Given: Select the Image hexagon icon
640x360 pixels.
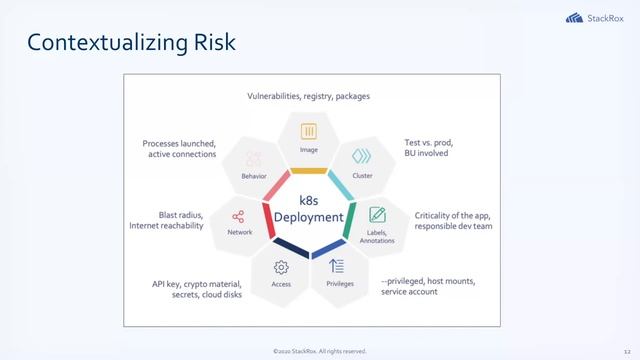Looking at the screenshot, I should [309, 131].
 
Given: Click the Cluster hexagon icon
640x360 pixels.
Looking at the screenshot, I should [362, 156].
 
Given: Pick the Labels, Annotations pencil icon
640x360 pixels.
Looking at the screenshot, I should [377, 214].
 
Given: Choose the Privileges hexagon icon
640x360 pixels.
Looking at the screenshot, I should [339, 266].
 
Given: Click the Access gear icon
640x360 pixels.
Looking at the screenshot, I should [281, 267].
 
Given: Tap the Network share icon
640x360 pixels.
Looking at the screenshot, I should [239, 215].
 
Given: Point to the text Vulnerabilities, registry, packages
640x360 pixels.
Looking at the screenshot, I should [309, 96].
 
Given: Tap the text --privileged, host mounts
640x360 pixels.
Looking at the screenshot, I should [428, 282].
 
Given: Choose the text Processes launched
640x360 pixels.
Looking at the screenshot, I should [179, 143].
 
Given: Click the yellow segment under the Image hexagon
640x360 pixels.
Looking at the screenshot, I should [309, 171].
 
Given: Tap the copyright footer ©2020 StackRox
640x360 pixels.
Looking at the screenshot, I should [319, 351].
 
